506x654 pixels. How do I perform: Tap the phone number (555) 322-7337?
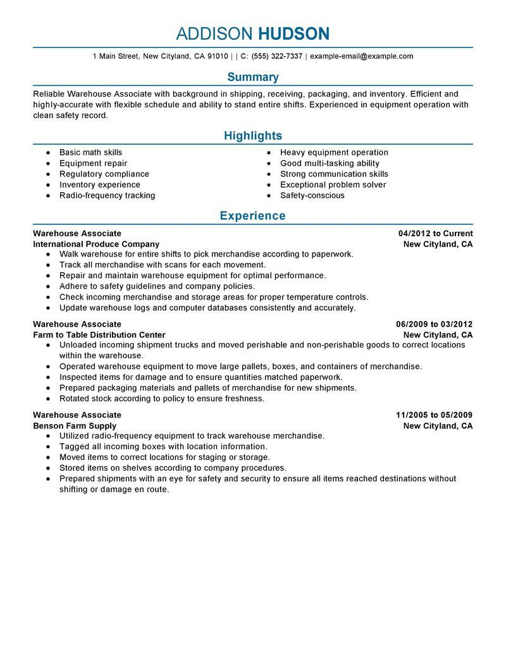[x=276, y=56]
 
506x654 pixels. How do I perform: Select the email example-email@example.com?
[x=361, y=56]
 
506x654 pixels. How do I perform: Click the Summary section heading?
[x=253, y=77]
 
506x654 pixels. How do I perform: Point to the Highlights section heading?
[x=253, y=136]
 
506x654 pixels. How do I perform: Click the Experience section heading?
[x=253, y=216]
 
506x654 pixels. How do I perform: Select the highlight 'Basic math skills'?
[x=90, y=152]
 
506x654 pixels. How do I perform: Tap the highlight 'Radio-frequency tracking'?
[x=107, y=195]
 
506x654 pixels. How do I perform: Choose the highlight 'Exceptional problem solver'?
[x=333, y=185]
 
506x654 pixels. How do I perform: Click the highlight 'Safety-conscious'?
[x=312, y=195]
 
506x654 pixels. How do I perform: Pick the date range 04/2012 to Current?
[x=431, y=233]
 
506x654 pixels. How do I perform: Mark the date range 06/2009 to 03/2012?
[x=430, y=324]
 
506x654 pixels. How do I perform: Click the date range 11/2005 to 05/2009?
[x=434, y=415]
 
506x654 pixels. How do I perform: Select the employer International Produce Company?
[x=96, y=244]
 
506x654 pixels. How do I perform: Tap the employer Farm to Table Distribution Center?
[x=99, y=335]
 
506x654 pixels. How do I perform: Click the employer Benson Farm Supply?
[x=75, y=426]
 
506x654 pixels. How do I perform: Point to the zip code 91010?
[x=218, y=56]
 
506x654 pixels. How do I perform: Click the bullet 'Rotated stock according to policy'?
[x=161, y=399]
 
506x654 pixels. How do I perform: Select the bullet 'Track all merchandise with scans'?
[x=163, y=265]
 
